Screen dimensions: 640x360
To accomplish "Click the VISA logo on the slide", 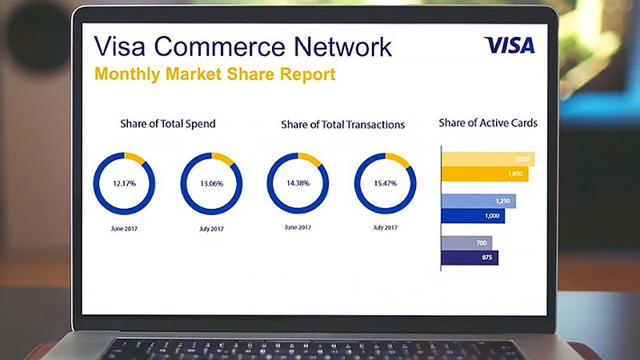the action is coord(510,46).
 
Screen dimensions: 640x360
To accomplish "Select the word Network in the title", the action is coord(343,46).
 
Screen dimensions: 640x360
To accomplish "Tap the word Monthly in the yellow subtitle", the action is coord(127,74).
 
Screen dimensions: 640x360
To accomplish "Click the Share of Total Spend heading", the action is coord(168,124).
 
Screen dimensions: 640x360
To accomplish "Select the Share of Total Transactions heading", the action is coord(343,125).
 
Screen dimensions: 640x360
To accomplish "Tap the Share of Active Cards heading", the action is coord(488,123).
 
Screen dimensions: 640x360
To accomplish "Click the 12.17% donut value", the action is coord(125,184).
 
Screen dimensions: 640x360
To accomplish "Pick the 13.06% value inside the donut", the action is coord(211,184).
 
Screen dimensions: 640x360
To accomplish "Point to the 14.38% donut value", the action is coord(298,183).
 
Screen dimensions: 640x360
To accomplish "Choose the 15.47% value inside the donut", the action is coord(386,183).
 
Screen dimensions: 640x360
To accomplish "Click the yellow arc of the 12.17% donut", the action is coord(135,158).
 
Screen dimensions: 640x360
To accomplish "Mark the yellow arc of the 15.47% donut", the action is coord(398,159).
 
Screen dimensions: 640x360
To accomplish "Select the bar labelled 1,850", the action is coord(485,174).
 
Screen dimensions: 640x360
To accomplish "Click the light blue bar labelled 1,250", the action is coord(478,202).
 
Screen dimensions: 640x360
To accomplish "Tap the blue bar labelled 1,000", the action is coord(473,216).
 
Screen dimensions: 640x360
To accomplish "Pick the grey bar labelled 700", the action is coord(467,243).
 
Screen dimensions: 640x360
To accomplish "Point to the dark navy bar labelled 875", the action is coord(470,258).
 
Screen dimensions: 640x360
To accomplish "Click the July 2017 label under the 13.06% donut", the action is coord(211,229).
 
